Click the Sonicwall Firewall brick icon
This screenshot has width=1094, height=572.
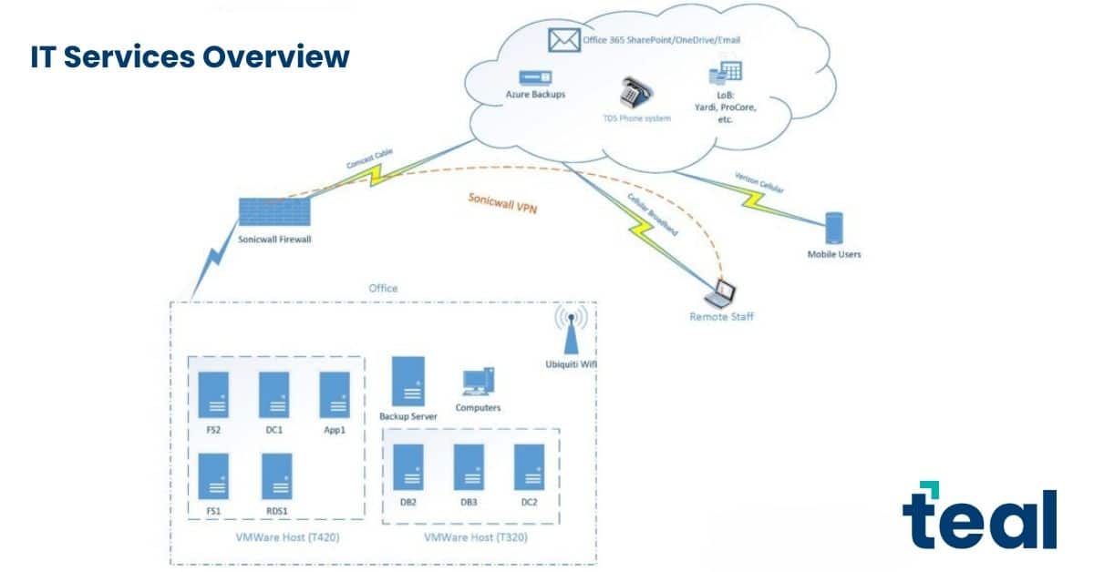coord(274,212)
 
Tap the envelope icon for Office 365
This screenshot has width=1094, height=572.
coord(564,40)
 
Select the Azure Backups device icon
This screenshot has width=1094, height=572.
coord(535,78)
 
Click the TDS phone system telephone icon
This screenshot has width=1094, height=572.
coord(635,93)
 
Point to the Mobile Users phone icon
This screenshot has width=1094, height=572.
coord(834,228)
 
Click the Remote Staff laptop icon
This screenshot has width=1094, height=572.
coord(720,295)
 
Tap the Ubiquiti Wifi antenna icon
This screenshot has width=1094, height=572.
coord(571,330)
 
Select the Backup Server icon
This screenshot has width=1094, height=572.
coord(408,381)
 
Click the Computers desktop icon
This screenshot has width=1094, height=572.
coord(478,382)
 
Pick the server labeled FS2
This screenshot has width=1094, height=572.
coord(213,394)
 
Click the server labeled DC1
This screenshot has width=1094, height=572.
coord(274,394)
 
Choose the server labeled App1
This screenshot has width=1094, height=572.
coord(335,394)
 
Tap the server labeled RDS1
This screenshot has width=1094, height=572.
coord(277,476)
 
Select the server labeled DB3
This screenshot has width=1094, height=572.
coord(469,467)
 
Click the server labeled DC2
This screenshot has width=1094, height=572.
coord(530,467)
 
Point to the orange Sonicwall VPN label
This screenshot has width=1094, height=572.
coord(502,203)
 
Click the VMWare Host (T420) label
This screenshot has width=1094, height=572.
coord(288,537)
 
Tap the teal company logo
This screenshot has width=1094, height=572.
coord(979,516)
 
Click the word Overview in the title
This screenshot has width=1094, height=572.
coord(276,56)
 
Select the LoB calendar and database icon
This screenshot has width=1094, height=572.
coord(726,72)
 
